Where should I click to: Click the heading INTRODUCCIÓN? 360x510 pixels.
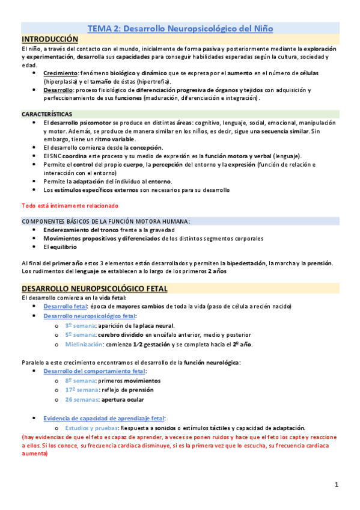[50, 38]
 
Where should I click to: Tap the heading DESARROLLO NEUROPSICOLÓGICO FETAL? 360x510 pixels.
[94, 289]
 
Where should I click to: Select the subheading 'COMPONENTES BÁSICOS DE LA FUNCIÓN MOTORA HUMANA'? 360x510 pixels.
[105, 221]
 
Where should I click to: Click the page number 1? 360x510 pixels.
[337, 485]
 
